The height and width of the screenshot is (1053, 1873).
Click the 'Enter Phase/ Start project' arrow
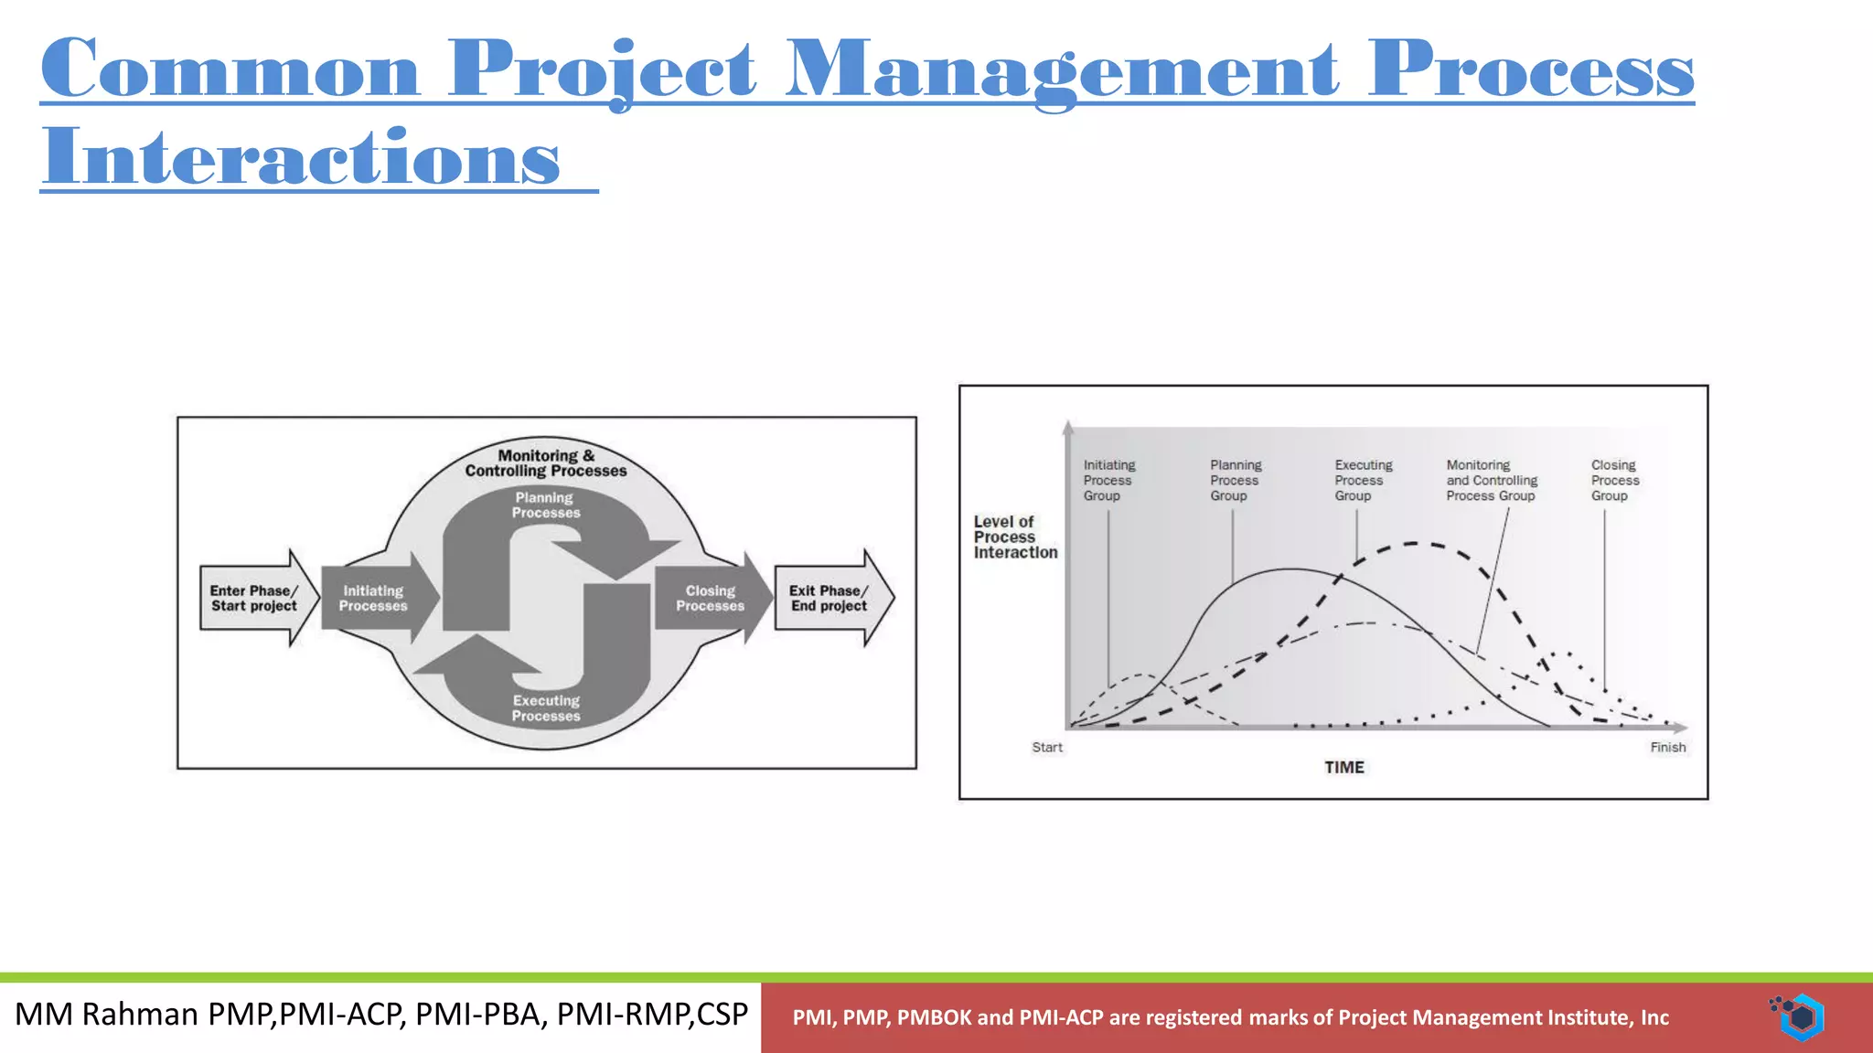click(255, 599)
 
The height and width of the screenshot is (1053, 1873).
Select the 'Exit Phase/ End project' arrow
click(829, 599)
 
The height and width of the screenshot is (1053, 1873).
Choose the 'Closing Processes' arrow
click(711, 599)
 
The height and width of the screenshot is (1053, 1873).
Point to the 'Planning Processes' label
click(545, 505)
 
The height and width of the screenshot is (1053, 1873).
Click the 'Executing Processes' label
click(546, 708)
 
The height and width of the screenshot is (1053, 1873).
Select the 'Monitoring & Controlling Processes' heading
click(546, 463)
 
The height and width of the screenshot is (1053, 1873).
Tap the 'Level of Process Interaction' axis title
click(1014, 537)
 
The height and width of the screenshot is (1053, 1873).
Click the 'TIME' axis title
click(1343, 768)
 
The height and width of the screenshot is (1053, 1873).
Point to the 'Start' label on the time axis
click(1047, 748)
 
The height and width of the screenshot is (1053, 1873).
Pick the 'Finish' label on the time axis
click(1667, 748)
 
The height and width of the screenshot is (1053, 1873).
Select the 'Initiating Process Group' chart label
click(1108, 481)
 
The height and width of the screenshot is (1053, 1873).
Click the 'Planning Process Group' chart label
click(1235, 481)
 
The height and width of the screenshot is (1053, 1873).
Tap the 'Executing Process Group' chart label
click(1363, 481)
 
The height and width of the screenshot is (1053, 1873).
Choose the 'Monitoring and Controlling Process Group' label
click(1492, 481)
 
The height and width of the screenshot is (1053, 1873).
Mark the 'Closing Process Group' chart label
click(1614, 481)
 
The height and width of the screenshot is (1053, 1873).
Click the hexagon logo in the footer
click(1800, 1017)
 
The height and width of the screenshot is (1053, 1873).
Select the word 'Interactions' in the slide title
click(301, 157)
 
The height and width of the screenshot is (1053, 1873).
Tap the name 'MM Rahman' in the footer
click(107, 1015)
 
